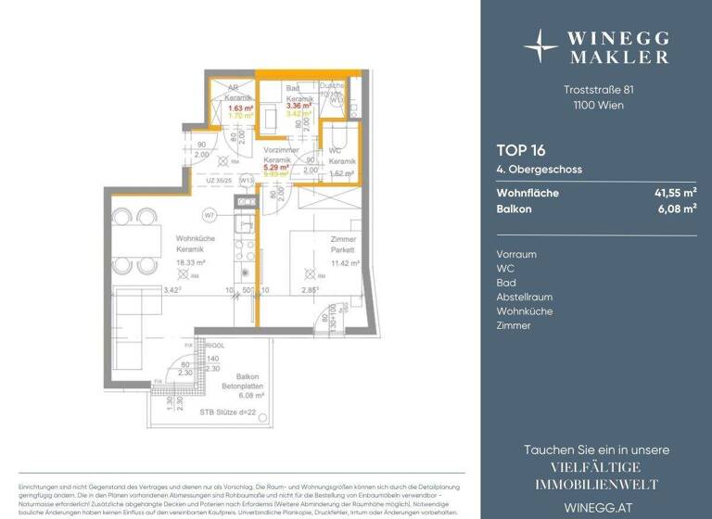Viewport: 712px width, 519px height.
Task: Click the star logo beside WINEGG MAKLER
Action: click(540, 44)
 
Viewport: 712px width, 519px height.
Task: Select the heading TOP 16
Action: click(520, 150)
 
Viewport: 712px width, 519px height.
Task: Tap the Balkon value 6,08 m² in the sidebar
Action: click(673, 210)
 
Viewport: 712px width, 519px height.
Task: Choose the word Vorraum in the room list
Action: click(517, 254)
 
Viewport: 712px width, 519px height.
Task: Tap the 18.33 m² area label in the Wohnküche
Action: click(192, 263)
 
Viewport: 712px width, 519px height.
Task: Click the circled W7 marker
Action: click(210, 215)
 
